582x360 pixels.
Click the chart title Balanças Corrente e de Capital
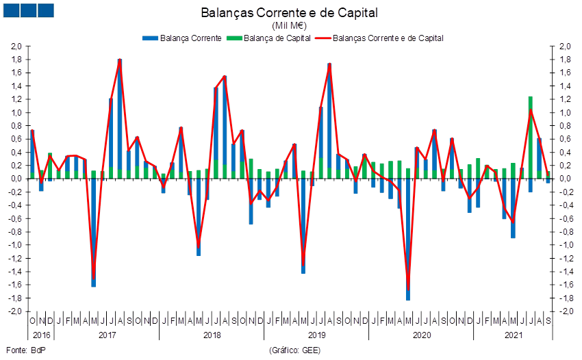(290, 13)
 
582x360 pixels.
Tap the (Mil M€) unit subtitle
(290, 25)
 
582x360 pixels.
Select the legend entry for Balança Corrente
(181, 38)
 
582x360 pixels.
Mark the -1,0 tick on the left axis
(15, 245)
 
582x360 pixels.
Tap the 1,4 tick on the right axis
(565, 86)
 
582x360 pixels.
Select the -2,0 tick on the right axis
(565, 311)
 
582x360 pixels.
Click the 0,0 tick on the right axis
(565, 179)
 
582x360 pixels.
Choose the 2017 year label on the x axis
(107, 335)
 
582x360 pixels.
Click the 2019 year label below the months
(316, 335)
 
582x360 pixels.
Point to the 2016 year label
(41, 335)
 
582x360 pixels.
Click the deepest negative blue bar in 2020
(408, 240)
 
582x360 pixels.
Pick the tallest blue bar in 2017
(120, 116)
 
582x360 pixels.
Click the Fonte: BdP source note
(19, 350)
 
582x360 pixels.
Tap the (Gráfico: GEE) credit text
(296, 350)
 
